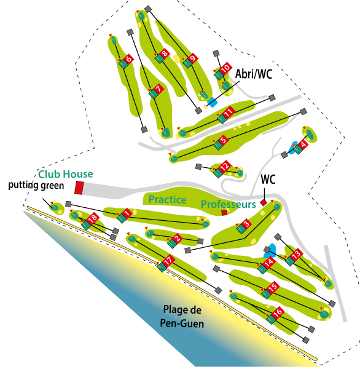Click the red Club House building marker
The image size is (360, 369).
[x=79, y=188]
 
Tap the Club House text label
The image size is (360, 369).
[x=66, y=174]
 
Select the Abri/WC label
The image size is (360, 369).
[x=254, y=74]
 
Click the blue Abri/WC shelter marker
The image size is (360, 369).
[x=212, y=102]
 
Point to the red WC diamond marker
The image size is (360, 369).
[x=264, y=202]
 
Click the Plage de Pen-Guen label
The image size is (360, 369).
[x=182, y=317]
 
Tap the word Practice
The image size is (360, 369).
[x=168, y=199]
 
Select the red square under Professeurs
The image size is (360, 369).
[x=224, y=213]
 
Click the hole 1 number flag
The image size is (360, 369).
[x=127, y=213]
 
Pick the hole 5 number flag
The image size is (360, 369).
[x=224, y=140]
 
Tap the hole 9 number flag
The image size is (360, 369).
[x=193, y=58]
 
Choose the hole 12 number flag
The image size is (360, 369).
[x=224, y=166]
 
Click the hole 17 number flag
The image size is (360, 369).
[x=168, y=261]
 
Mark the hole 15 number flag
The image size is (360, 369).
[x=273, y=287]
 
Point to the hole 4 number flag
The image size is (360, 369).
[x=303, y=144]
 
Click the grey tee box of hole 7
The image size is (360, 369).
[x=130, y=32]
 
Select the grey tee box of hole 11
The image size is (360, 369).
[x=272, y=97]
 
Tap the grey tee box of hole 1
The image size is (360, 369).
[x=68, y=204]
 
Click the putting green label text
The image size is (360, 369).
[x=36, y=186]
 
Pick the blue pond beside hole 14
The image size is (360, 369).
[x=270, y=250]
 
